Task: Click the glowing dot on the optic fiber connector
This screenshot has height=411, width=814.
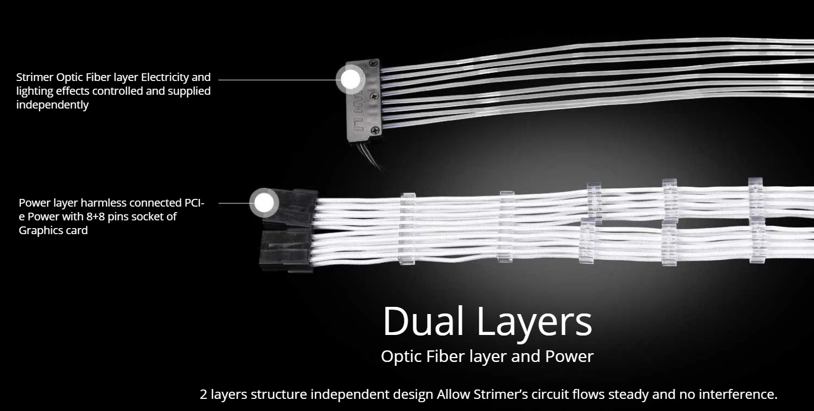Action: pyautogui.click(x=350, y=80)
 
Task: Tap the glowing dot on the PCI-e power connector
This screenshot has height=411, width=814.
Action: pyautogui.click(x=264, y=203)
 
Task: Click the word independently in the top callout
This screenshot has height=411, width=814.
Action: pyautogui.click(x=52, y=105)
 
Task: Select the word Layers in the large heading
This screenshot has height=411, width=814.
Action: pyautogui.click(x=535, y=322)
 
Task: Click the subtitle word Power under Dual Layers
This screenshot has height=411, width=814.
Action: pyautogui.click(x=569, y=356)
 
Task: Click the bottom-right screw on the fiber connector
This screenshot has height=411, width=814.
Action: pyautogui.click(x=375, y=130)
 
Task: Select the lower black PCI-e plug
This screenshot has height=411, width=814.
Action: pyautogui.click(x=286, y=249)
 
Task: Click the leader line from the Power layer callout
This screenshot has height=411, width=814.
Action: pyautogui.click(x=234, y=203)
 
